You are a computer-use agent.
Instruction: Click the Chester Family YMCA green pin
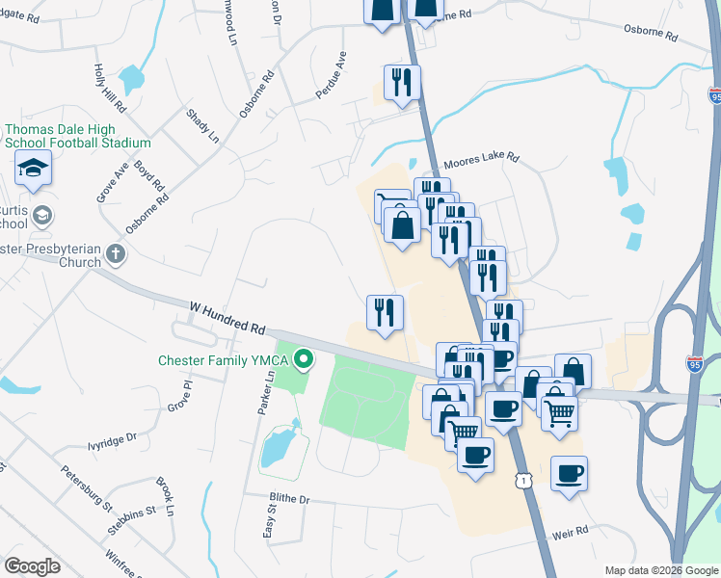pos(305,361)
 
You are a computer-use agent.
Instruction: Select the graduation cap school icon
pos(33,171)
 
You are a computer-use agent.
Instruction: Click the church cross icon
pos(116,255)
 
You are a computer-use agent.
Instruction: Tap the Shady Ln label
pos(203,125)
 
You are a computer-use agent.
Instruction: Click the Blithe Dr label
pos(290,500)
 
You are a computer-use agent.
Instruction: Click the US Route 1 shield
pos(522,479)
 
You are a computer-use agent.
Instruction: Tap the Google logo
pos(32,566)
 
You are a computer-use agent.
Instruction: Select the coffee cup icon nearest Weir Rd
pos(569,473)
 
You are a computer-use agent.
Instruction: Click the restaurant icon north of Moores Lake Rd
pos(402,82)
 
